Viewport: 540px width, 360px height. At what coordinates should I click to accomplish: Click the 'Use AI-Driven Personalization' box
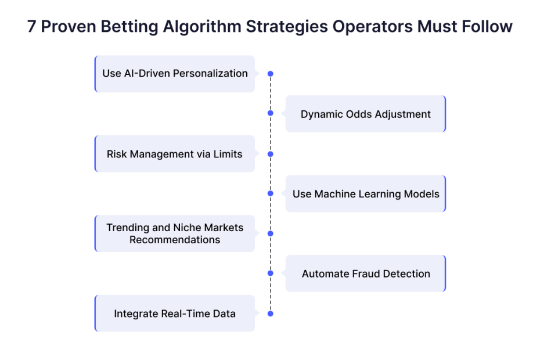point(175,74)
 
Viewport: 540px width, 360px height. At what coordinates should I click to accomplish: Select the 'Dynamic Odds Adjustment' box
point(366,114)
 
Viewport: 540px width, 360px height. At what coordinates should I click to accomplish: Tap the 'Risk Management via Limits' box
point(175,154)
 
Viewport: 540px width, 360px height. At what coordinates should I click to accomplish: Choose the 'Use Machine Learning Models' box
point(366,193)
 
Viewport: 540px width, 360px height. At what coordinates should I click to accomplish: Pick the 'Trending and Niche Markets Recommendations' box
point(175,233)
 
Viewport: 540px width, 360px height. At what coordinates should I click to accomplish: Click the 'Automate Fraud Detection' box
point(366,273)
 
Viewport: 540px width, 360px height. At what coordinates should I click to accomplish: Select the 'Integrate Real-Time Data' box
point(175,314)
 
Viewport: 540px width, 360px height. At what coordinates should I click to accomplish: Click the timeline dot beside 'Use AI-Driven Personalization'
point(271,74)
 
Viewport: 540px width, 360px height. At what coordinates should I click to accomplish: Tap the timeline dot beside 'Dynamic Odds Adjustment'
point(271,113)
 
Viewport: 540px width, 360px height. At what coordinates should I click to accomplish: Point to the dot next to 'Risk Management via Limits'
point(271,154)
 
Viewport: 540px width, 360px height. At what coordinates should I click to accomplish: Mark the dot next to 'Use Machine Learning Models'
point(271,193)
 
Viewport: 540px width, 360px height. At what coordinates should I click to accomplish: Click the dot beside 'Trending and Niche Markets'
point(271,233)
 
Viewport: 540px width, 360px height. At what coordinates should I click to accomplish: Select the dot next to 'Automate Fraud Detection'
point(271,273)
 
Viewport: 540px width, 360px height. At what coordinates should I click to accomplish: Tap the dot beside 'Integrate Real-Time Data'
point(271,314)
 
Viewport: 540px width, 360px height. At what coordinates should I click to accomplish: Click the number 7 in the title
point(31,27)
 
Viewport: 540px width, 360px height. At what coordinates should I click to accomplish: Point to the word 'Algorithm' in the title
point(202,27)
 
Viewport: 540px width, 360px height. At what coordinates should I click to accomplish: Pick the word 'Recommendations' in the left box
point(175,240)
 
